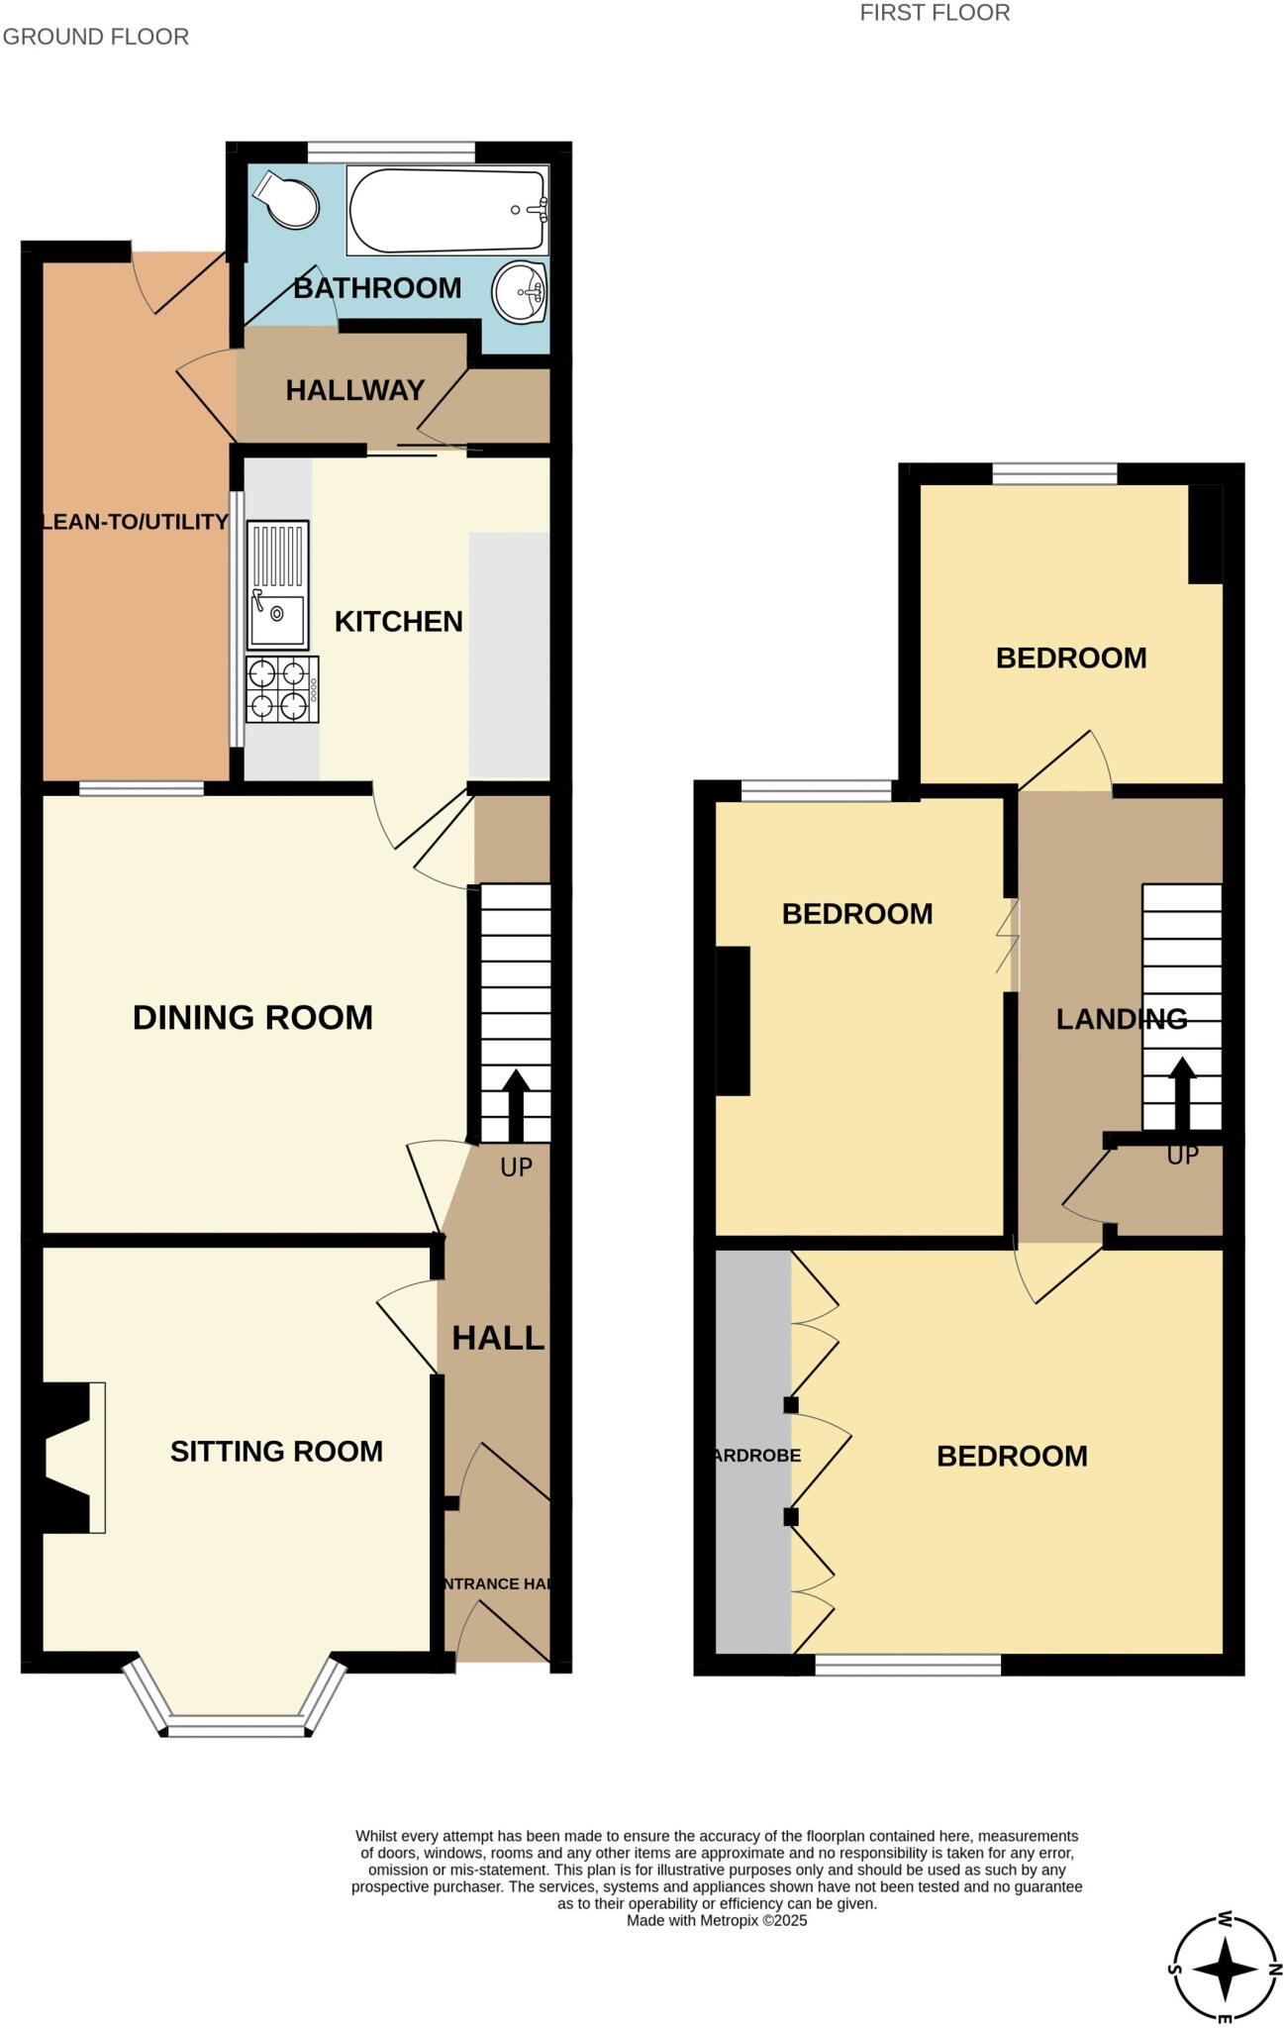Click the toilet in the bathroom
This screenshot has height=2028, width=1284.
click(x=288, y=201)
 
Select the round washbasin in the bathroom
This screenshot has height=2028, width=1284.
click(x=521, y=292)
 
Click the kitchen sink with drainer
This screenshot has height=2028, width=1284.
click(x=278, y=585)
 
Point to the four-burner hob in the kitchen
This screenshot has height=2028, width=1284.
click(x=280, y=690)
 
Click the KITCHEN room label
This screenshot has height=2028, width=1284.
click(x=399, y=622)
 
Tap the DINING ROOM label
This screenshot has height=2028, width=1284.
click(x=252, y=1018)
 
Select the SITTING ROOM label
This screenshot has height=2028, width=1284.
click(x=276, y=1452)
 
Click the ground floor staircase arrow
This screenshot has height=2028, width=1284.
click(x=516, y=1104)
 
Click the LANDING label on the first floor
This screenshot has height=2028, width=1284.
click(x=1121, y=1019)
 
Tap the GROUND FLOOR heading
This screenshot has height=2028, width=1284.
click(x=96, y=37)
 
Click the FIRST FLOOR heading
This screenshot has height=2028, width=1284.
click(x=935, y=13)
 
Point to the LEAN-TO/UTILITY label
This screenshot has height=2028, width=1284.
click(x=135, y=522)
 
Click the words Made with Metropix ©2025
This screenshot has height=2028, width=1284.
click(x=717, y=1920)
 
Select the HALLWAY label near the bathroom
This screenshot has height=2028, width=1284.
click(x=354, y=390)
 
